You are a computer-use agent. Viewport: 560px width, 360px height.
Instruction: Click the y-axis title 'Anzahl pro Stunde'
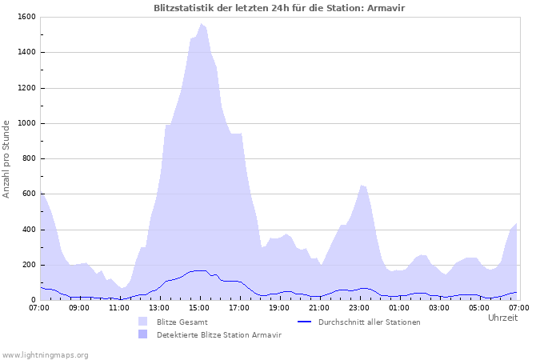[6, 159]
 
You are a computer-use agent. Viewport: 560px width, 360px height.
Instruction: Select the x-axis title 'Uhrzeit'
[502, 318]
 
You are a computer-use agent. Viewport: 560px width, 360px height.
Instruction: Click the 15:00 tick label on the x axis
[199, 307]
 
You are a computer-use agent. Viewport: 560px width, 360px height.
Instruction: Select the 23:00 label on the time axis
[359, 307]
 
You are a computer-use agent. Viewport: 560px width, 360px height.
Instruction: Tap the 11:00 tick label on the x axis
[119, 307]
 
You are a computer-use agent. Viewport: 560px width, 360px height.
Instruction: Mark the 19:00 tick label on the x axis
[279, 307]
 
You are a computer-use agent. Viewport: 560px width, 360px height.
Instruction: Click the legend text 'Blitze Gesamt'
[183, 322]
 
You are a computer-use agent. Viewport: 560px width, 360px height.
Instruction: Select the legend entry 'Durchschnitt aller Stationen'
[369, 322]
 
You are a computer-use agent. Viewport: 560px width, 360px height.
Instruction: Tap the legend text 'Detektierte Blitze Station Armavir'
[218, 334]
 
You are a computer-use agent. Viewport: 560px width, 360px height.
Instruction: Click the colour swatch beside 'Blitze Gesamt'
[143, 322]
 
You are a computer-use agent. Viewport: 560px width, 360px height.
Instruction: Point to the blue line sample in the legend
[304, 322]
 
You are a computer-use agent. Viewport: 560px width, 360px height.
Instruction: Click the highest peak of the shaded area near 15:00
[202, 24]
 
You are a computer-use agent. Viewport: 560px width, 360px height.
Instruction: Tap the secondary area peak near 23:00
[362, 186]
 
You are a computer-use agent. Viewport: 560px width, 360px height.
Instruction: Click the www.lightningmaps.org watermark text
[46, 354]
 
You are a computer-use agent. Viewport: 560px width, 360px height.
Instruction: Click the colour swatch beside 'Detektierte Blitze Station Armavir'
[143, 334]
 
